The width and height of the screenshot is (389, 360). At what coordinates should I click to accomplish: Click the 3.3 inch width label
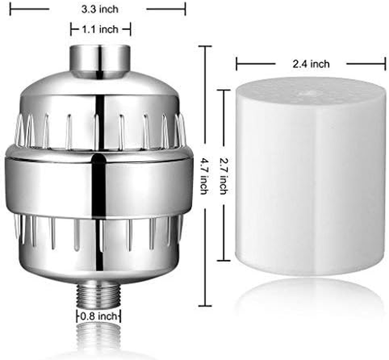[x=98, y=9]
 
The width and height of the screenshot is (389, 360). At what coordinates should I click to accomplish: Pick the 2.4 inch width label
[x=311, y=64]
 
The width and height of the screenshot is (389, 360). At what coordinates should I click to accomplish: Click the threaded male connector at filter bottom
[x=99, y=297]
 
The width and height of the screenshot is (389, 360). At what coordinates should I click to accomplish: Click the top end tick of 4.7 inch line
[x=205, y=46]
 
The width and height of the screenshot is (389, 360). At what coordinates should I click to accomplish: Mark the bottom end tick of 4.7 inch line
[x=205, y=306]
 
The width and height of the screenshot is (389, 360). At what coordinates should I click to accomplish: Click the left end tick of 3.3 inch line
[x=10, y=9]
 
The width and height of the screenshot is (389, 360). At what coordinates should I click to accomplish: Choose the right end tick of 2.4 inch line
[x=385, y=63]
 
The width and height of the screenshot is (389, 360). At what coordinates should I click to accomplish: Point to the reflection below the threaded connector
[x=99, y=337]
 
